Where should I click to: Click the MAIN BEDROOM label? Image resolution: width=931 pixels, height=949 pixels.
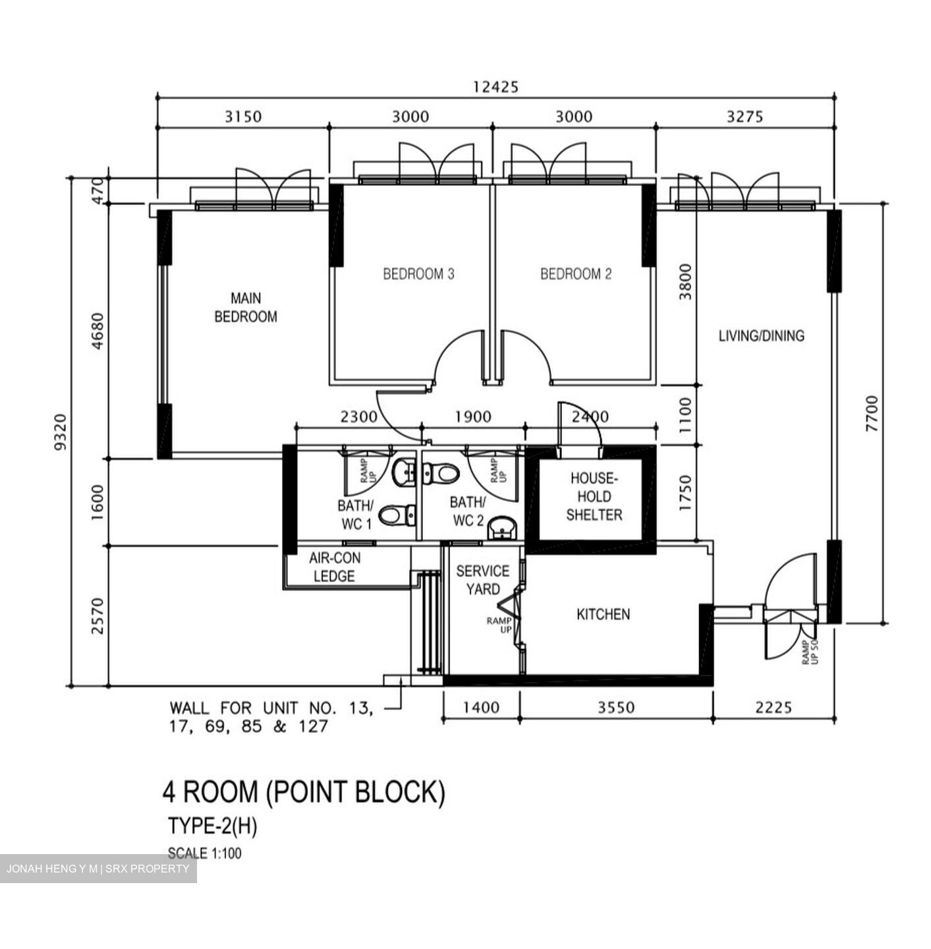(246, 308)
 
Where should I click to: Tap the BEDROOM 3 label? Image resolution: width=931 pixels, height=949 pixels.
(418, 273)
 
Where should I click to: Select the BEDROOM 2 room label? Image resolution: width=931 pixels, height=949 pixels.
(576, 273)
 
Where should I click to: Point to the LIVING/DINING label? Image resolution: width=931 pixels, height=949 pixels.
(761, 336)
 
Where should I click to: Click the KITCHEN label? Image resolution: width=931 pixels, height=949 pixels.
(603, 614)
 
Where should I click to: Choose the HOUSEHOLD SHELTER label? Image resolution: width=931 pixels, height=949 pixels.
(594, 497)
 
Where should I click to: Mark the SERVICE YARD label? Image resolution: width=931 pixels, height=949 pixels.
(483, 580)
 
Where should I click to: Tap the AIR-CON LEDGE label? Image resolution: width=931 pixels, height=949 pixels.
(335, 567)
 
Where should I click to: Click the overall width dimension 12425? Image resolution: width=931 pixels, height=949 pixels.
(495, 86)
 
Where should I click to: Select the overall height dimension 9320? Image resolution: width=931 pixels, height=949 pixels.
(61, 432)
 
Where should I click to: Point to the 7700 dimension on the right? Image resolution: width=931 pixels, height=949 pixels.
(872, 414)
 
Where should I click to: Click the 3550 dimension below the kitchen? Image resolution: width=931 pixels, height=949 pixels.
(616, 708)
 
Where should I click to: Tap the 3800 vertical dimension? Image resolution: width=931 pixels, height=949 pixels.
(686, 282)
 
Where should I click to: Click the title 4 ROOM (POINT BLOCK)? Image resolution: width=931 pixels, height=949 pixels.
(304, 792)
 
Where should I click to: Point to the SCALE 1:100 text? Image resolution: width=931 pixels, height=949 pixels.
(204, 853)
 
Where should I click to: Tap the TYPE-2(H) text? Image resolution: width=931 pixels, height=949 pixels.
(212, 826)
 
